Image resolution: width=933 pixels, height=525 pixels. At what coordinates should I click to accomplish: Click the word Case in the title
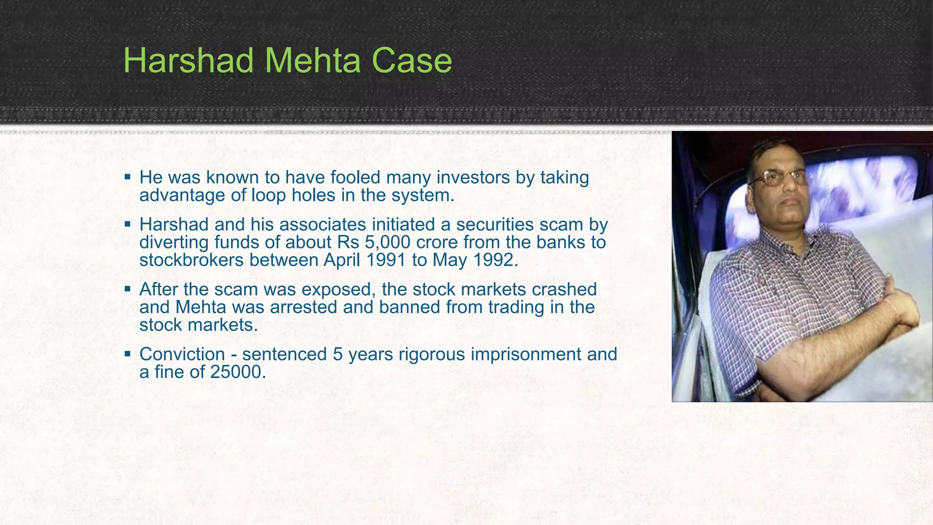(x=411, y=61)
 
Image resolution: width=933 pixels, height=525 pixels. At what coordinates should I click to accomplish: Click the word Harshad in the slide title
(x=188, y=61)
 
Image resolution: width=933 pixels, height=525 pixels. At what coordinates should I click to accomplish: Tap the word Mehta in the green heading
(x=312, y=61)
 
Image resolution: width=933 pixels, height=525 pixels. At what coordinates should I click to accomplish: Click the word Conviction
(x=182, y=354)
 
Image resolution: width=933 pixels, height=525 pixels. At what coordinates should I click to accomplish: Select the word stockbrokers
(x=191, y=260)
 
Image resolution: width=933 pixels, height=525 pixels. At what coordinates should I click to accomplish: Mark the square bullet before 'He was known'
(x=128, y=176)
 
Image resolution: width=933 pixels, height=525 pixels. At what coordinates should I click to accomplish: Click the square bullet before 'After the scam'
(x=128, y=288)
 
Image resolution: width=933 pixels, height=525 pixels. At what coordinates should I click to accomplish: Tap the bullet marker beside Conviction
(x=128, y=353)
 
